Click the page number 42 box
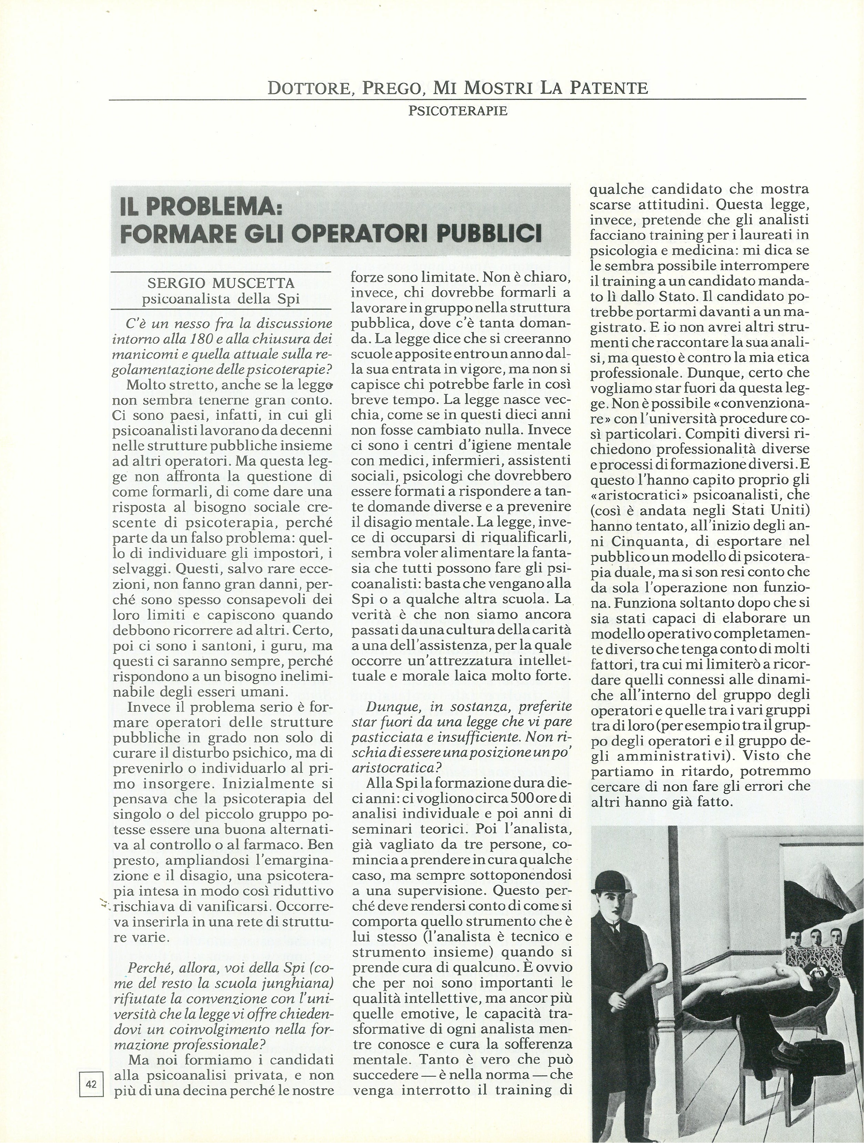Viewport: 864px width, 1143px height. point(91,1084)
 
